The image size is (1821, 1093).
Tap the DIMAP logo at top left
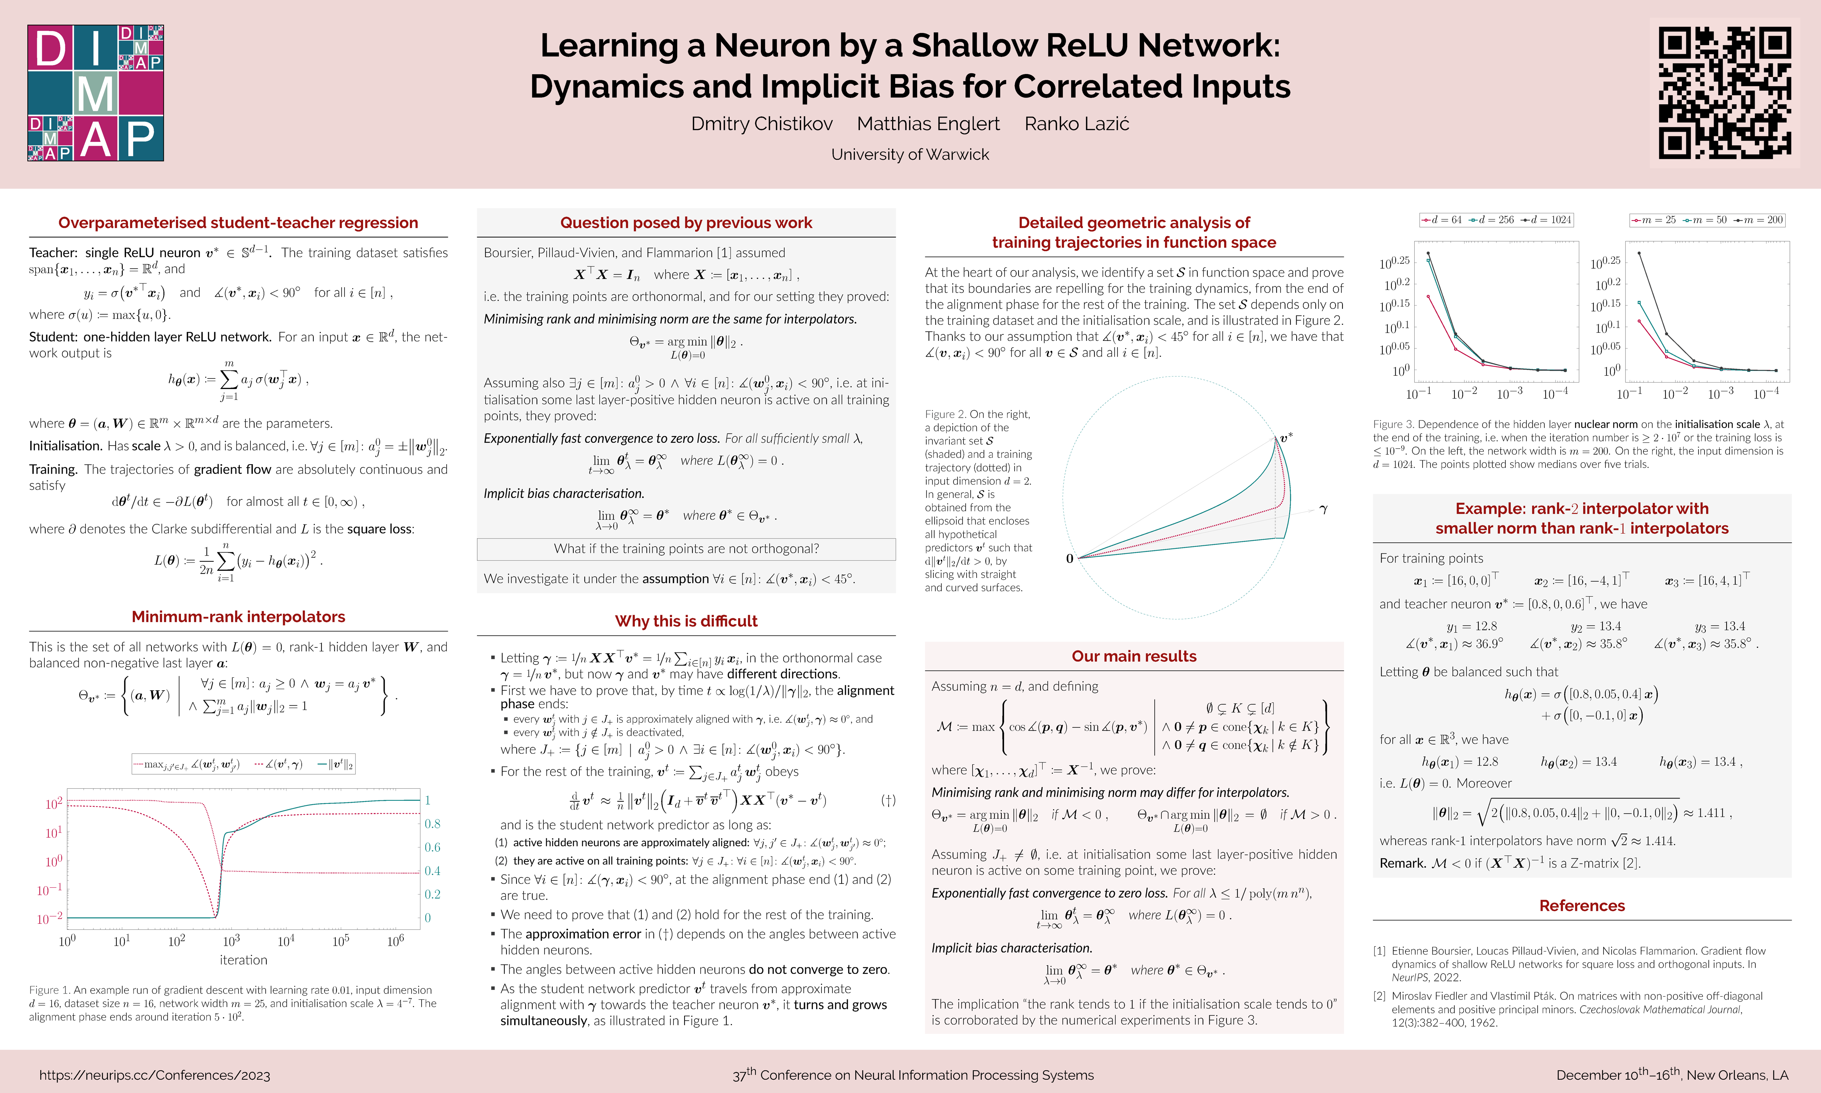pyautogui.click(x=96, y=93)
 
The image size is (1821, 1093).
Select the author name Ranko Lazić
pyautogui.click(x=1077, y=124)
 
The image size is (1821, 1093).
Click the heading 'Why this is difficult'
pyautogui.click(x=686, y=621)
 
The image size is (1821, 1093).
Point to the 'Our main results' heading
pyautogui.click(x=1133, y=656)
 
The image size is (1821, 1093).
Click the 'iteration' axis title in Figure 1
pyautogui.click(x=243, y=960)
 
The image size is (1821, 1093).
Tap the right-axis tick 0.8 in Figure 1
pyautogui.click(x=432, y=824)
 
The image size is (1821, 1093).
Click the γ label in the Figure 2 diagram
pyautogui.click(x=1323, y=509)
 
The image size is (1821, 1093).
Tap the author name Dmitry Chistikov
pyautogui.click(x=762, y=124)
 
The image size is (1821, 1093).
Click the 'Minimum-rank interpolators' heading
pyautogui.click(x=238, y=616)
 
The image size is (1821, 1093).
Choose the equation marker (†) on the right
pyautogui.click(x=888, y=800)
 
